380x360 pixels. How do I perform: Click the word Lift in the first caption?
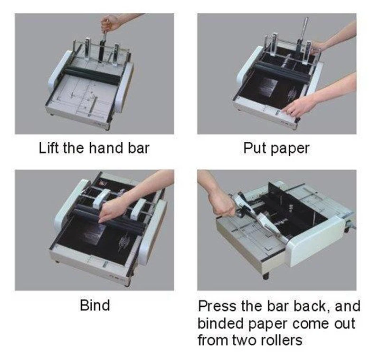(x=48, y=148)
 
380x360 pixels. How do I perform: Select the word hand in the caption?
(x=102, y=148)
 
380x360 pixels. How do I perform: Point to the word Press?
(x=218, y=305)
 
